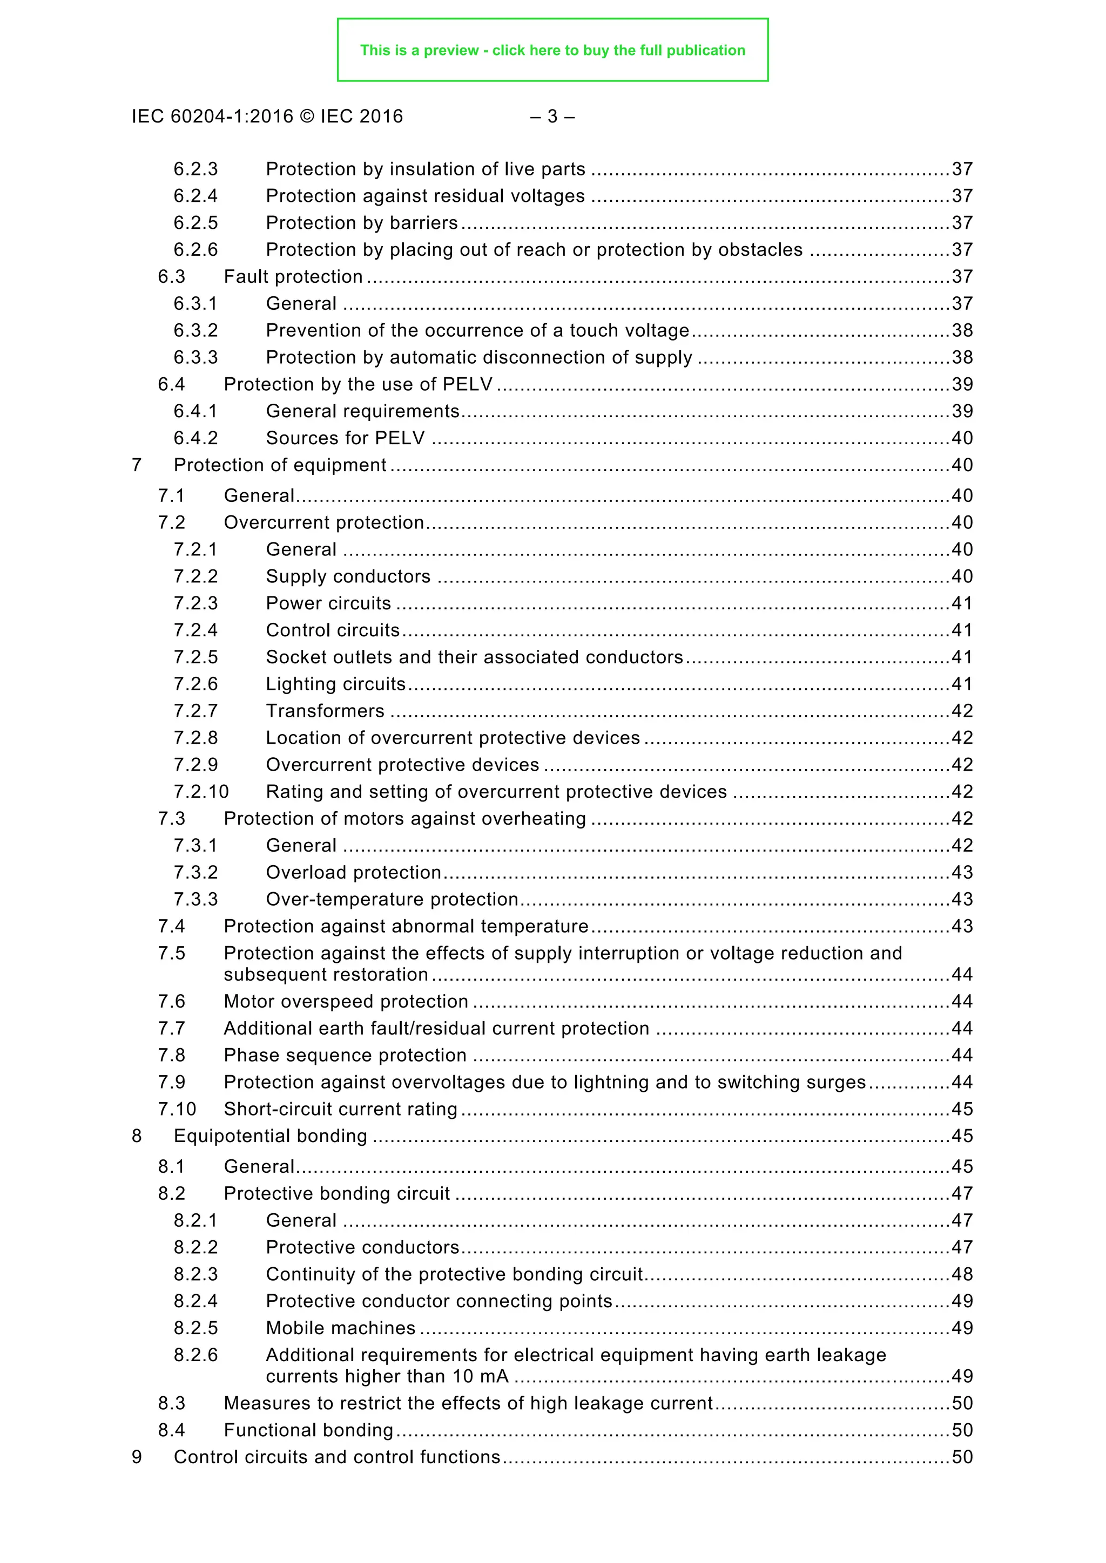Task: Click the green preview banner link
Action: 552,50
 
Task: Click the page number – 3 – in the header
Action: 552,117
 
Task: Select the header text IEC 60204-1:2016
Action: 212,117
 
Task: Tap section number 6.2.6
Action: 195,250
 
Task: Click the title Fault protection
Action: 293,276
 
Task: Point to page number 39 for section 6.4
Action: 962,384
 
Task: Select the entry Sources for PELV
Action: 345,438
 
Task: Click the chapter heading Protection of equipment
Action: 279,465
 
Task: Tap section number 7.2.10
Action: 201,792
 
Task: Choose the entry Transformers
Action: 325,711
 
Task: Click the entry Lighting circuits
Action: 335,684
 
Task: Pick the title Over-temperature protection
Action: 392,899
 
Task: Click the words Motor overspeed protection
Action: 346,1001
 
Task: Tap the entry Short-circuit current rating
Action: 341,1109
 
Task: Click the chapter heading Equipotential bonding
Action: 271,1136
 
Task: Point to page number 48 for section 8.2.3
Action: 962,1274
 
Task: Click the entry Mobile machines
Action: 341,1328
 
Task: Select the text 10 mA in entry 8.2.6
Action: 480,1376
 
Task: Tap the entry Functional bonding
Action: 308,1430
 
